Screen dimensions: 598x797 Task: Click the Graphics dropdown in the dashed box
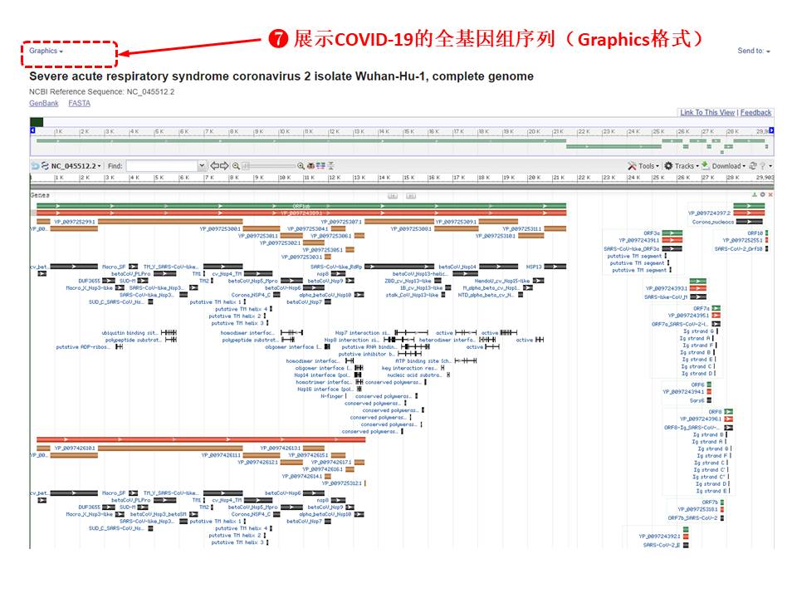(46, 51)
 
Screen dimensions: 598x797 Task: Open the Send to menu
(753, 51)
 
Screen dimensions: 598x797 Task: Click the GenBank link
(44, 103)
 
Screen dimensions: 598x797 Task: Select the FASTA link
(80, 103)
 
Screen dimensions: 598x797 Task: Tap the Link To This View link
(707, 113)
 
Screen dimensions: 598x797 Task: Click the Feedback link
(755, 113)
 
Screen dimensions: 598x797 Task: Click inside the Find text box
(161, 166)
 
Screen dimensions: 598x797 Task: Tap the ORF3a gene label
(652, 233)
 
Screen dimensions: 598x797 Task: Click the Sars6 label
(697, 399)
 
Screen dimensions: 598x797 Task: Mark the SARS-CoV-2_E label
(662, 545)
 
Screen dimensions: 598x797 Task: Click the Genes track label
(40, 195)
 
